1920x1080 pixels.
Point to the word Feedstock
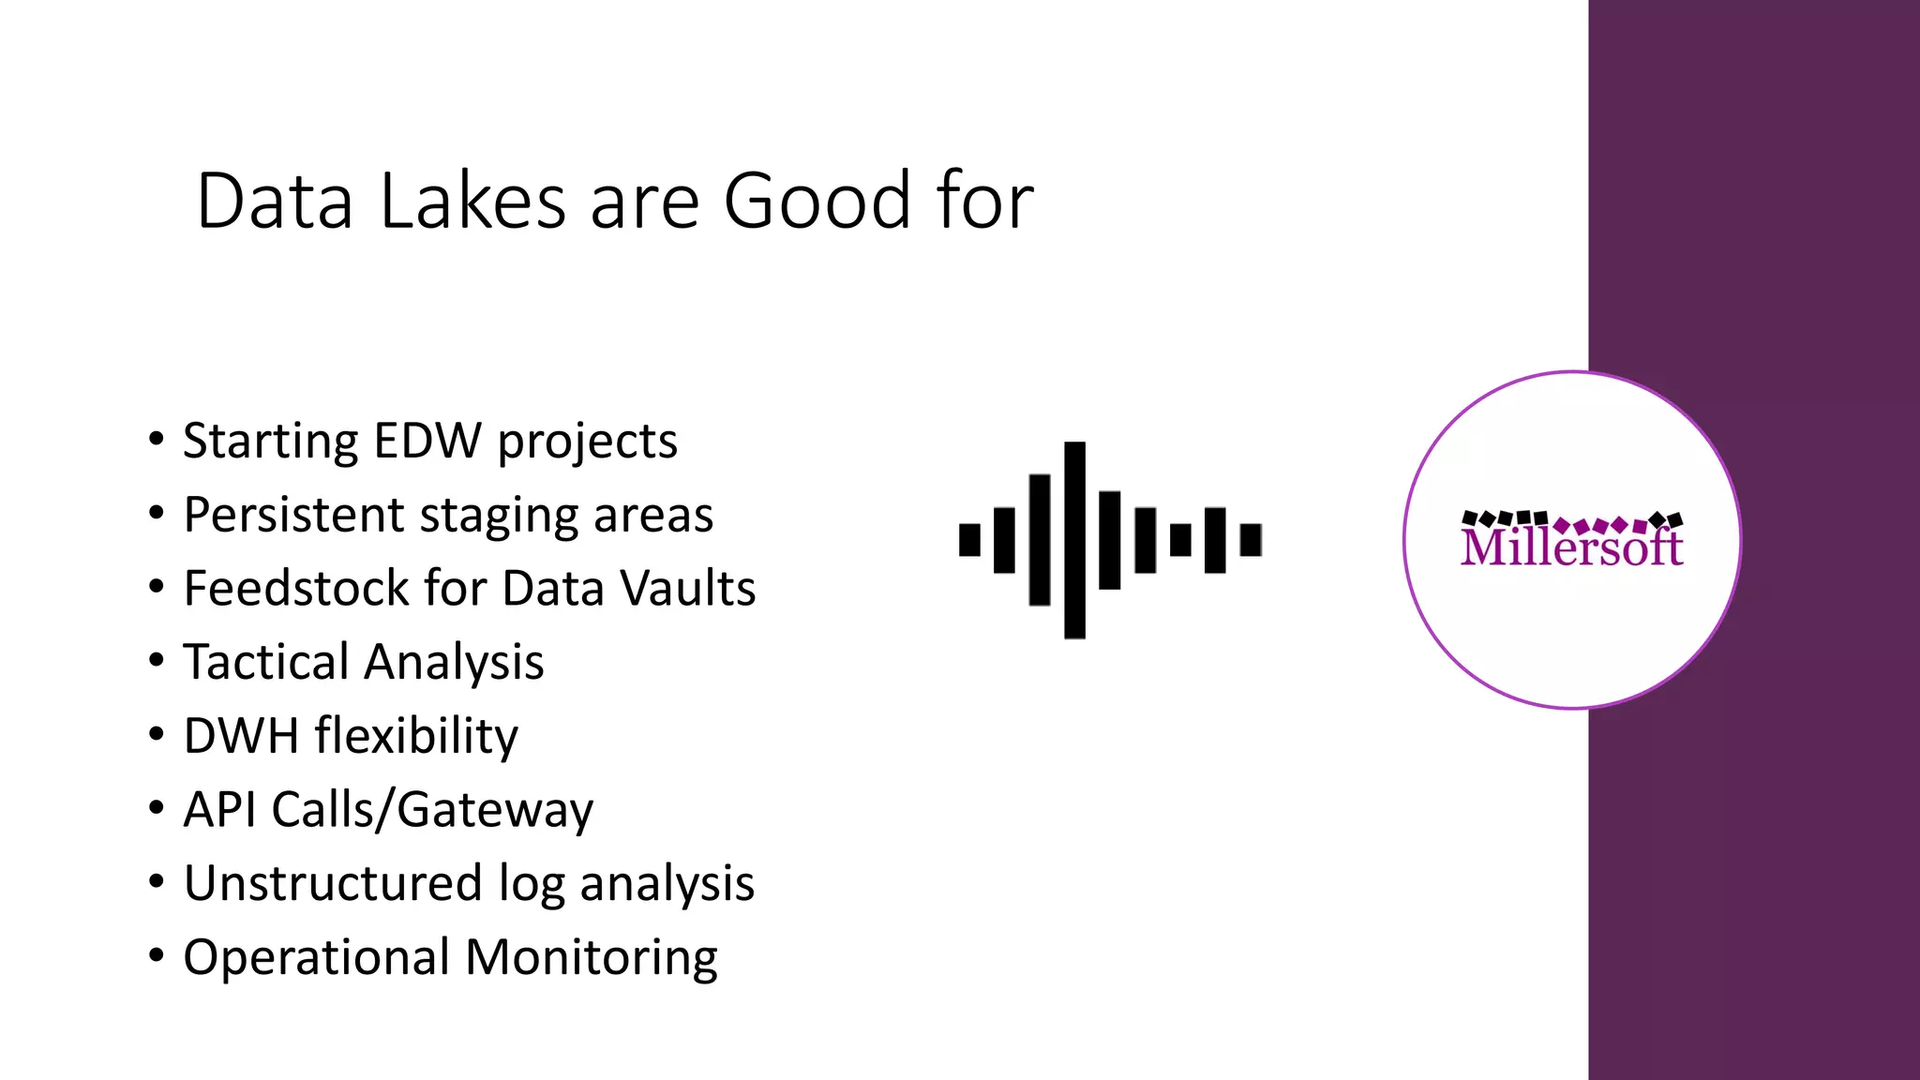click(x=295, y=589)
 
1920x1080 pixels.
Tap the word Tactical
click(x=265, y=662)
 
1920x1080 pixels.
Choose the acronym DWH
click(x=241, y=736)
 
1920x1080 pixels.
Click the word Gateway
click(x=495, y=811)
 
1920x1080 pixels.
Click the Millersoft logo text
click(x=1571, y=547)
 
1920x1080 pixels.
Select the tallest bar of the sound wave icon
click(x=1075, y=540)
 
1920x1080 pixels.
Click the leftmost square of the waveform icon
click(x=969, y=540)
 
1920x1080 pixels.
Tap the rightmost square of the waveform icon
click(x=1251, y=540)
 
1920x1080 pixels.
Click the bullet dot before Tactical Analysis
click(x=157, y=660)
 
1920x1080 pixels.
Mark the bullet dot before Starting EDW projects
click(x=157, y=439)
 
